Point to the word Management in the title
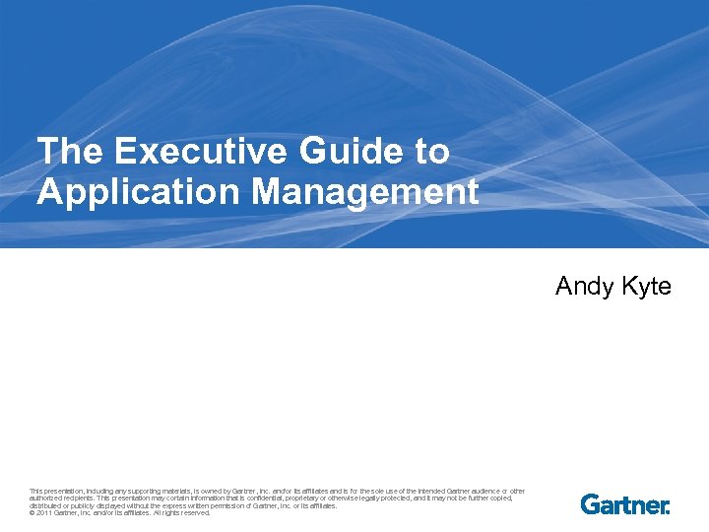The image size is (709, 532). (x=365, y=191)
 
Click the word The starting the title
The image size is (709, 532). (x=70, y=152)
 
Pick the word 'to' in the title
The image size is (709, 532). (x=429, y=152)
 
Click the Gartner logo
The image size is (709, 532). (x=625, y=504)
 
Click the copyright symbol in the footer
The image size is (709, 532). (x=32, y=512)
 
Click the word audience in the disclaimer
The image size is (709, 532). (x=481, y=491)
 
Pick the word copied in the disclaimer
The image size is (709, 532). (x=502, y=499)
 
